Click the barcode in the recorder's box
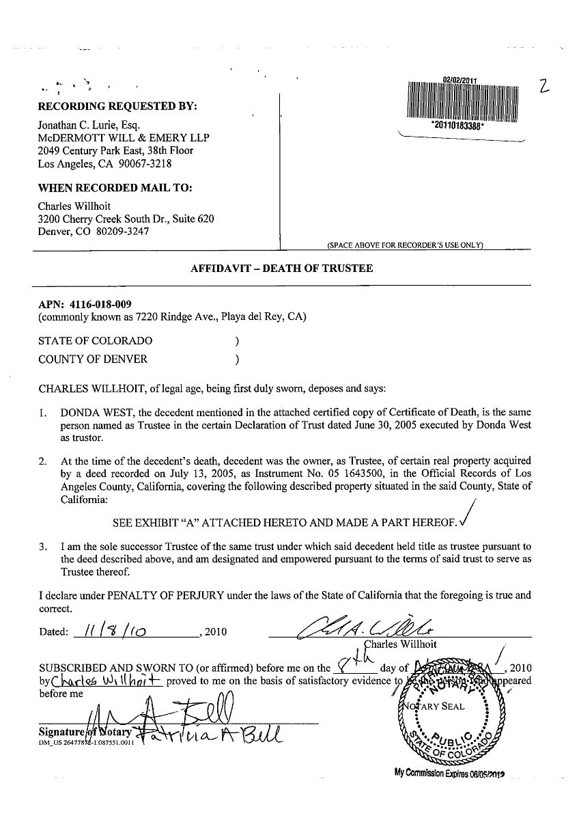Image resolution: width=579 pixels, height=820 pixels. [x=464, y=101]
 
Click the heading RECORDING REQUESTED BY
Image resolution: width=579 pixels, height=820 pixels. [x=117, y=107]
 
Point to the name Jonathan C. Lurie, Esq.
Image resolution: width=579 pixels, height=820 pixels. [x=89, y=125]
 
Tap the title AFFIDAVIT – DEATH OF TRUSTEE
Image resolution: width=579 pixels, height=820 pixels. [x=281, y=269]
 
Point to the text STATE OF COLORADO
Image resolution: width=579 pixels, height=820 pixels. [x=96, y=340]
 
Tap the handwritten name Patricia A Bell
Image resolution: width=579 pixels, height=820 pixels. [x=208, y=735]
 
